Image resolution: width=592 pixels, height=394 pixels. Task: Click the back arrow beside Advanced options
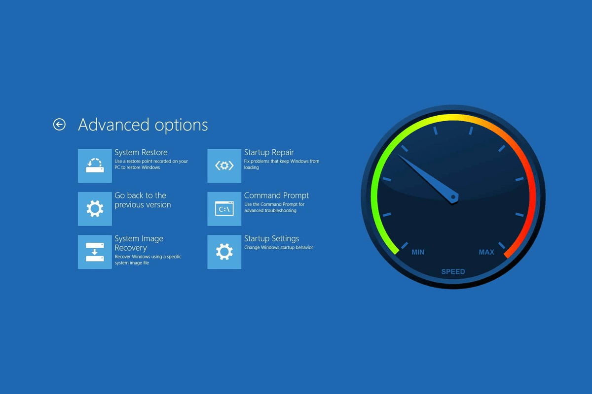[59, 125]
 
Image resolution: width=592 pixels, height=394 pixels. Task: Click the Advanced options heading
[143, 125]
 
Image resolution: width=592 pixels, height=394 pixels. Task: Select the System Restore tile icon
[95, 165]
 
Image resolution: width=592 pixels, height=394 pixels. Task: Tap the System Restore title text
[141, 153]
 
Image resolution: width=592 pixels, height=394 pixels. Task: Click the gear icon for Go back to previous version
[95, 209]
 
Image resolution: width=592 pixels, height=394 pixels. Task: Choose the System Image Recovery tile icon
[95, 252]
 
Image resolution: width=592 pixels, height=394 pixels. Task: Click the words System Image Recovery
[139, 243]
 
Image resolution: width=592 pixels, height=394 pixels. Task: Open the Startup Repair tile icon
[224, 165]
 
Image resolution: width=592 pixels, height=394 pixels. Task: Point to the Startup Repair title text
[269, 153]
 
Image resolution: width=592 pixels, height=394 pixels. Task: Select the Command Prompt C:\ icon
[224, 209]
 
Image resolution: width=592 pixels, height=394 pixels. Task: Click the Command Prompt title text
[276, 196]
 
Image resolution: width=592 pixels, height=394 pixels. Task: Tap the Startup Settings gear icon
[224, 252]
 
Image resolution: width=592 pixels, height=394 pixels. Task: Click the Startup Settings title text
[271, 239]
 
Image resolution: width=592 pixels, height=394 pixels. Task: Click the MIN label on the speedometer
[418, 252]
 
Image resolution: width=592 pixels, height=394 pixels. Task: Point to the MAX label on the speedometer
[486, 252]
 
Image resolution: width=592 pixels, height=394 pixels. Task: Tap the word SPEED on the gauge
[453, 271]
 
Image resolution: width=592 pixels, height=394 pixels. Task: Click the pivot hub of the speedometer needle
[453, 197]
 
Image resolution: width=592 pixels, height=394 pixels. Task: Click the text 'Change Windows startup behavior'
[279, 248]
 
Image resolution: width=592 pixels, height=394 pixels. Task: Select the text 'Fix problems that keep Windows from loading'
[281, 164]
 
